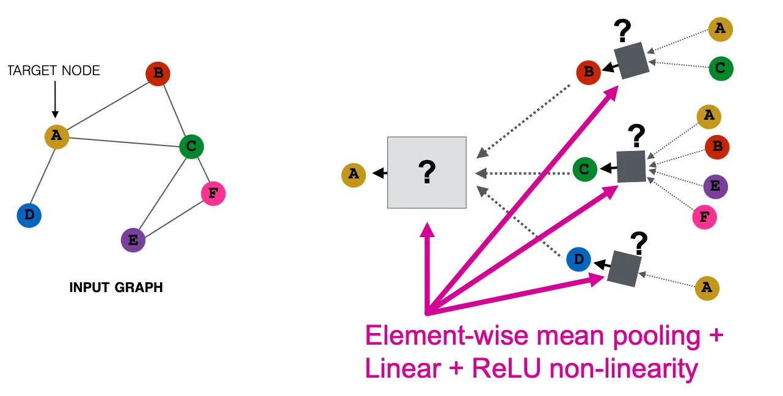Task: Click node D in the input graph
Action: pos(29,215)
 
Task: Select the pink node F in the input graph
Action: pos(213,194)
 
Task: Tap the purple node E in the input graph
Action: pos(133,240)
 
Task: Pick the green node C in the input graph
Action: pos(191,146)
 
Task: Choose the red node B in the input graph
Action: pos(158,74)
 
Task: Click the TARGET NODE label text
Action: pos(54,71)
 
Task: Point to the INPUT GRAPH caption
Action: pos(116,287)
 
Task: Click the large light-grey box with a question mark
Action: pos(427,172)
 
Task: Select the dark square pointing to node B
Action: pos(632,60)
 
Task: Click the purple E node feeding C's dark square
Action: pos(715,187)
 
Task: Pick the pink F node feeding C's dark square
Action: pos(704,216)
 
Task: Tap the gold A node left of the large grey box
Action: pos(353,175)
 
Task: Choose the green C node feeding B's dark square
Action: pos(721,68)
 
